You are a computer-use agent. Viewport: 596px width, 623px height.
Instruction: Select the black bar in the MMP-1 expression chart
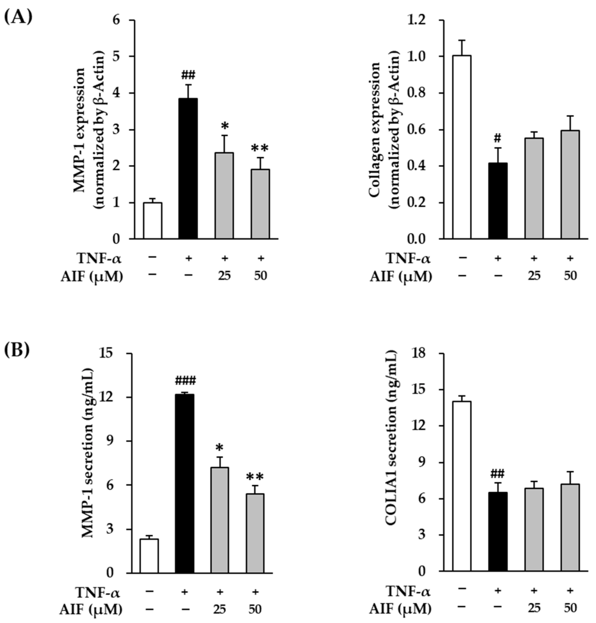click(188, 168)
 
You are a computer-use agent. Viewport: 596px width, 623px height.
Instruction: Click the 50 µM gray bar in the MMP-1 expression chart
click(261, 204)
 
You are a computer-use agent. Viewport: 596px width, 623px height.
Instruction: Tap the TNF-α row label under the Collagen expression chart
click(408, 258)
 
